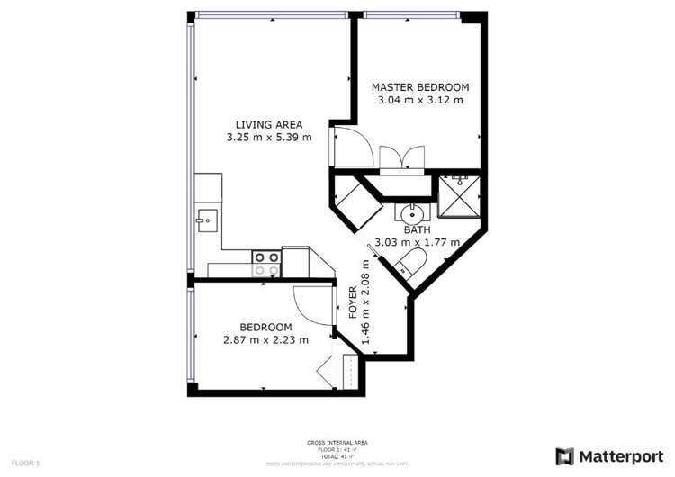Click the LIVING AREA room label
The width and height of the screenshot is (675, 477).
pyautogui.click(x=269, y=124)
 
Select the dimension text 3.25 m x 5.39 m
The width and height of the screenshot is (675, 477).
pyautogui.click(x=269, y=138)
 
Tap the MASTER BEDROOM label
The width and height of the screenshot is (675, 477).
pyautogui.click(x=420, y=87)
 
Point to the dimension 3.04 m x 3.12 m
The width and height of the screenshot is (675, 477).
pyautogui.click(x=420, y=100)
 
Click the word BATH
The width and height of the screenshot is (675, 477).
pyautogui.click(x=417, y=229)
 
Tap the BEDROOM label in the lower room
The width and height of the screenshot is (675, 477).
pyautogui.click(x=265, y=327)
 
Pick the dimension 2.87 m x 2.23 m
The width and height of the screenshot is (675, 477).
pyautogui.click(x=265, y=340)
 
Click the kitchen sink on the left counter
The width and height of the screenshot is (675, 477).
pyautogui.click(x=206, y=219)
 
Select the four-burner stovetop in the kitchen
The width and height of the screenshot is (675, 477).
pyautogui.click(x=265, y=263)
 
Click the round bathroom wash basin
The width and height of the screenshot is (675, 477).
pyautogui.click(x=411, y=214)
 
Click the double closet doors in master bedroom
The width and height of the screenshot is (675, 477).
pyautogui.click(x=401, y=158)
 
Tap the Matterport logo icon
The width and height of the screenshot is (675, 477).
pyautogui.click(x=564, y=456)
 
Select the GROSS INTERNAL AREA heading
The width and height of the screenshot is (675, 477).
pyautogui.click(x=337, y=442)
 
